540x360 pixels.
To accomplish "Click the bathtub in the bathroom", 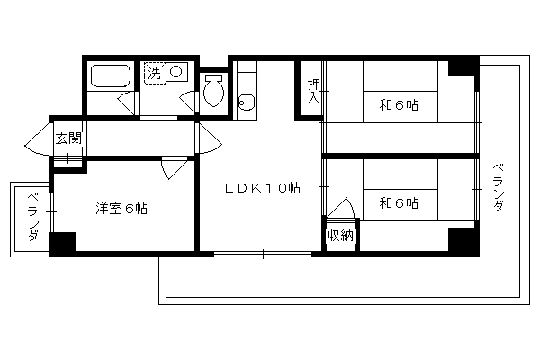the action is click(x=111, y=76).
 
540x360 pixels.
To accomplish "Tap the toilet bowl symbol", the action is click(x=214, y=91).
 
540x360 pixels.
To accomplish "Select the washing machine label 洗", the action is click(x=154, y=73).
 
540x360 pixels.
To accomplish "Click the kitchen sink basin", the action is click(x=247, y=103).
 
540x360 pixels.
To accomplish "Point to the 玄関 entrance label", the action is click(x=69, y=138).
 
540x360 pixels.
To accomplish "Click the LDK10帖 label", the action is click(x=263, y=188).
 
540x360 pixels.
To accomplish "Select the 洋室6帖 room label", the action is click(x=121, y=209).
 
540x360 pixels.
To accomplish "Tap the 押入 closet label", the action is click(x=314, y=91).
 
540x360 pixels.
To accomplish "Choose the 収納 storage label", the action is click(x=340, y=236).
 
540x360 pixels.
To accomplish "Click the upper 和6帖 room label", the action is click(x=399, y=104).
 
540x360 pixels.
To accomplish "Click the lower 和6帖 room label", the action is click(x=399, y=202).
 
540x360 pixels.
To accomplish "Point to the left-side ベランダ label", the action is click(x=33, y=218).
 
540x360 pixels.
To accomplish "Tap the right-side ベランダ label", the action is click(x=499, y=188).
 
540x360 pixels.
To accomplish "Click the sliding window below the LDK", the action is click(x=263, y=254).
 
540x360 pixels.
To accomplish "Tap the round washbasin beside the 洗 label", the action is click(x=176, y=72).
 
